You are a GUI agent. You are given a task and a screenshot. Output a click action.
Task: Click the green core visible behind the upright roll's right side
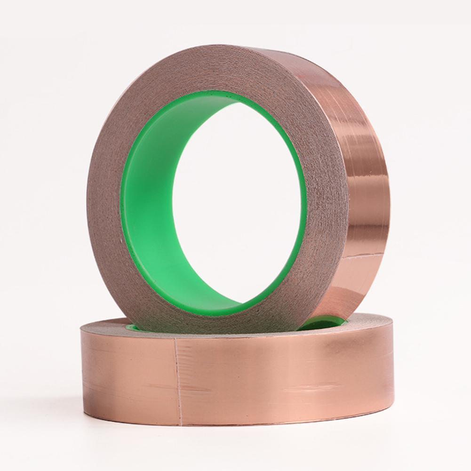point(325,323)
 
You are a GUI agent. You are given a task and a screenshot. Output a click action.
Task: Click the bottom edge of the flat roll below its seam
point(179,423)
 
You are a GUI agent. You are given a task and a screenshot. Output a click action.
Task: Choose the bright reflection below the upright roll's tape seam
point(362,278)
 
